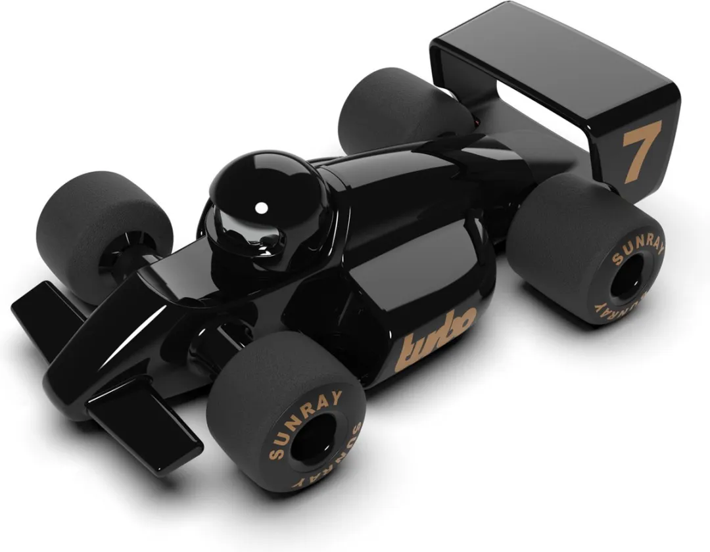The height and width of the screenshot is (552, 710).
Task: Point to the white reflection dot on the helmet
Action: [x=261, y=208]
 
